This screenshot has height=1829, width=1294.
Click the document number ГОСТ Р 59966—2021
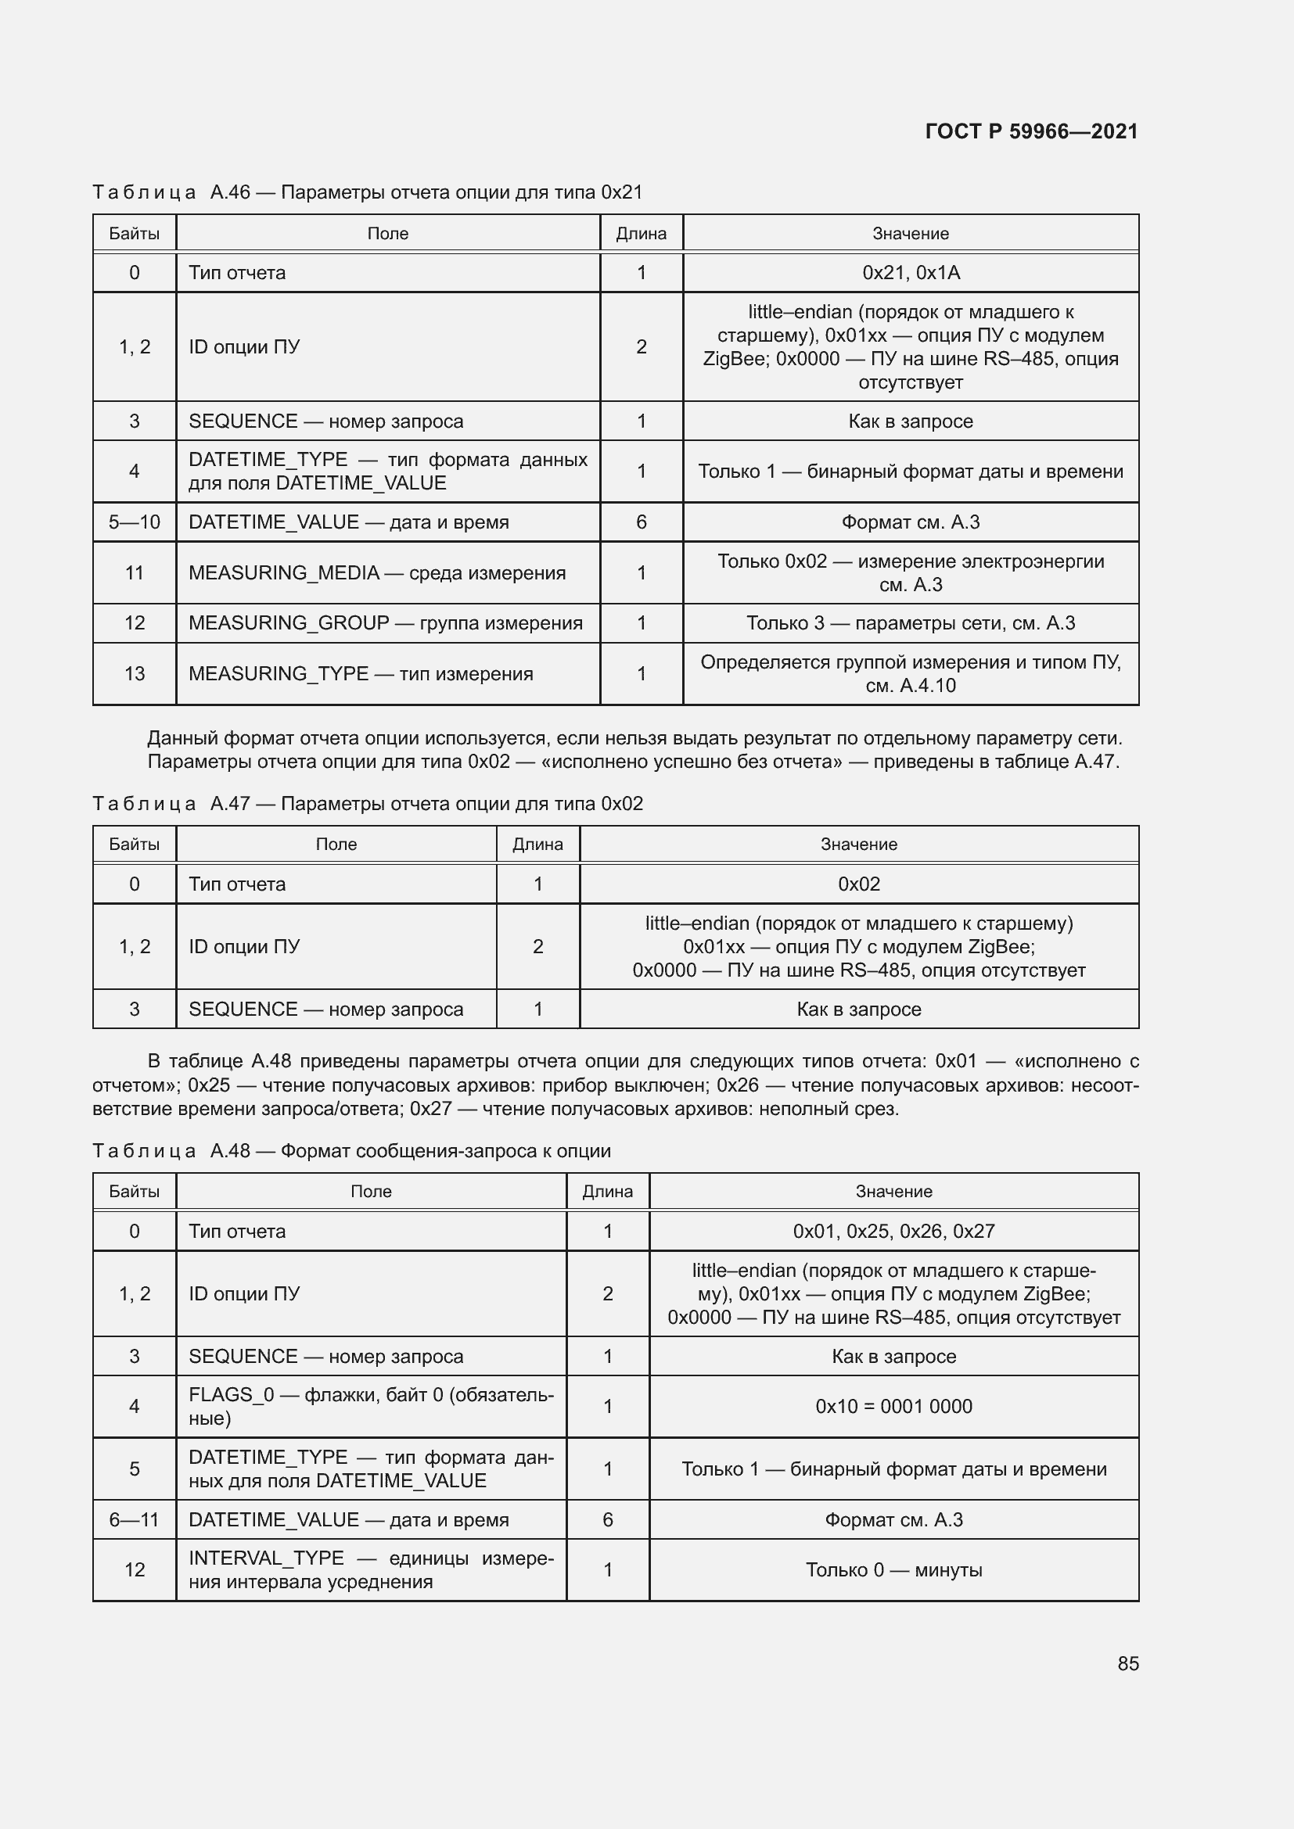pos(1031,131)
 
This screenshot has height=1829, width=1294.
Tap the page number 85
pos(1127,1663)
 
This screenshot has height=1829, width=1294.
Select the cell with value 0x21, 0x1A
pos(910,272)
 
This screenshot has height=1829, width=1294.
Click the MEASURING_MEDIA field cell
pos(377,572)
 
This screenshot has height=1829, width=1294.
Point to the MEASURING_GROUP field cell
pos(386,623)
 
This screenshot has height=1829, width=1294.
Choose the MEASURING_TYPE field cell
pos(360,674)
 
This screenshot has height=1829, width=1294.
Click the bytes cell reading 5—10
pos(134,522)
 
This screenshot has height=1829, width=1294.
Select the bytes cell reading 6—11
pos(134,1520)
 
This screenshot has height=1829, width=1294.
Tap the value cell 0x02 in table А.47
pos(858,884)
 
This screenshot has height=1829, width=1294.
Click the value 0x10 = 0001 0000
pos(893,1407)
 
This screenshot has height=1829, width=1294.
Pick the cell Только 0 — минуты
pos(893,1570)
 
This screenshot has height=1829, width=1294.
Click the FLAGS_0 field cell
pos(371,1407)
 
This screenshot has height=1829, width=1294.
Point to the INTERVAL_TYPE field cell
pos(371,1570)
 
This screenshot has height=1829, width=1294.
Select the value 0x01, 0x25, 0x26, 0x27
pos(893,1232)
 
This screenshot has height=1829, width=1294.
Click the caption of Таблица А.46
pos(368,193)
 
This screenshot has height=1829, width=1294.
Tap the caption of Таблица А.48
pos(351,1151)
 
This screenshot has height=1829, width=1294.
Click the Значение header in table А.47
pos(858,845)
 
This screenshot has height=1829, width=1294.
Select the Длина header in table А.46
pos(641,233)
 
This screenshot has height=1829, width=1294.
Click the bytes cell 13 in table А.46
pos(134,674)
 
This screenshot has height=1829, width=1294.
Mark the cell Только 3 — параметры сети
pos(910,623)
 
